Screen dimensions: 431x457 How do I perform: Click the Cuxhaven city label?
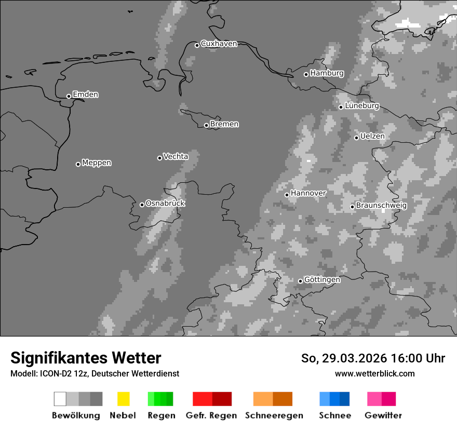click(219, 44)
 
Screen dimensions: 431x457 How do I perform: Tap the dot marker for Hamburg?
click(306, 74)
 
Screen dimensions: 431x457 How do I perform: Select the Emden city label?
click(85, 95)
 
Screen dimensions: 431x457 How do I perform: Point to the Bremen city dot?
click(206, 125)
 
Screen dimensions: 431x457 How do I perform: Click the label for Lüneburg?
click(361, 105)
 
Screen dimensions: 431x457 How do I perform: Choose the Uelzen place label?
click(372, 136)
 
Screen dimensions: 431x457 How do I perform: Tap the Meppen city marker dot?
click(78, 164)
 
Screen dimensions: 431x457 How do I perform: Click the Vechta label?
click(176, 156)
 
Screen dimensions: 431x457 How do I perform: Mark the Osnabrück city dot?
click(142, 205)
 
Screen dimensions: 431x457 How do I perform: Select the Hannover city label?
click(308, 193)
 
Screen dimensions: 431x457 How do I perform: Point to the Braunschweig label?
click(381, 205)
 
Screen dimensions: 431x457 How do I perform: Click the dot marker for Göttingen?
click(300, 281)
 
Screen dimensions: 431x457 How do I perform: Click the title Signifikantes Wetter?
click(86, 358)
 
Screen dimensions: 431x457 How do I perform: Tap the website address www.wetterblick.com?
click(374, 374)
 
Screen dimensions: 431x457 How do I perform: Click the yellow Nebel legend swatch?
click(123, 399)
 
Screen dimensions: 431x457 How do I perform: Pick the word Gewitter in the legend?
click(383, 415)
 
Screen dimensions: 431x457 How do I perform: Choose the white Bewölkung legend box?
click(60, 399)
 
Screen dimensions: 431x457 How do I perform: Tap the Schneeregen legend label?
click(274, 415)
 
